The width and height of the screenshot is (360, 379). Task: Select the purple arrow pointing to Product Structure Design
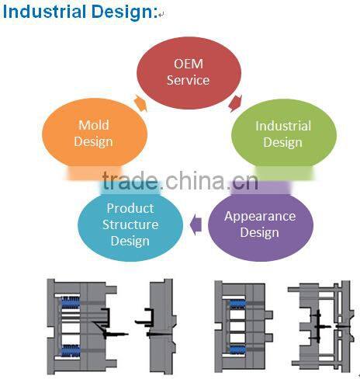tap(196, 225)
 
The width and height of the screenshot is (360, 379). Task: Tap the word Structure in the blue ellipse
tap(130, 224)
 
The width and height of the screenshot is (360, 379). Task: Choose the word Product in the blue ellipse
tap(130, 208)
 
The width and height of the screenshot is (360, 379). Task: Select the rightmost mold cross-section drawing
tap(318, 321)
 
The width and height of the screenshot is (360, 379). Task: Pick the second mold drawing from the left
tap(159, 321)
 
